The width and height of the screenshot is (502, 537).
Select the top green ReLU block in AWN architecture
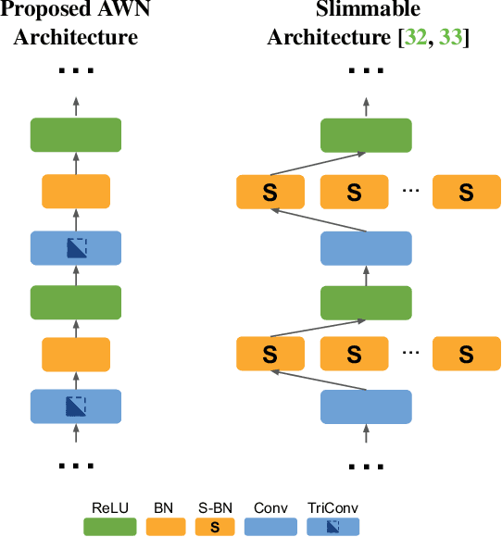76,135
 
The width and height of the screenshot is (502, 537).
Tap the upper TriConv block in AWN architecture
76,247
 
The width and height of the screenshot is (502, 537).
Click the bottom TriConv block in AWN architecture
76,406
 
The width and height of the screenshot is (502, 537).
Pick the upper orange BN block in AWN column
76,191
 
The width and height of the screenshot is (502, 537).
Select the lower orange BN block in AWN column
76,353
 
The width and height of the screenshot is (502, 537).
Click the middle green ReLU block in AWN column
76,301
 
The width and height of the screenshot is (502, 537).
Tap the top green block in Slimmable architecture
366,135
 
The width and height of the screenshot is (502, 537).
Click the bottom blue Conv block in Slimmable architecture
366,406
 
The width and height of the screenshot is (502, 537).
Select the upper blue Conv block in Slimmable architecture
366,247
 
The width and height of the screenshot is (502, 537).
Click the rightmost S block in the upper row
466,193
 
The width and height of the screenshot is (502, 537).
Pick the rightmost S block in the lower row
466,353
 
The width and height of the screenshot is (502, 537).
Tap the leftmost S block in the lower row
270,353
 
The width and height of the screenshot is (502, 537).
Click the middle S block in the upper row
353,193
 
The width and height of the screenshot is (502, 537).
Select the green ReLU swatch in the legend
109,527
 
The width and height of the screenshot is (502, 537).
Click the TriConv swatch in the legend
333,527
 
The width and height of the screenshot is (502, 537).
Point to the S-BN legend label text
216,508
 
